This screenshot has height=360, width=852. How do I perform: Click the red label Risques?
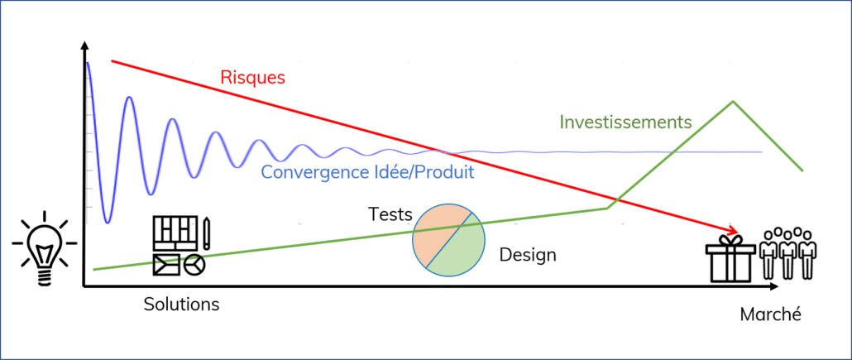coord(252,77)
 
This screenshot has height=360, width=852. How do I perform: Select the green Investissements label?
coord(625,122)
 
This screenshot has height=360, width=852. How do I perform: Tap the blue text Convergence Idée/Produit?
coord(368,172)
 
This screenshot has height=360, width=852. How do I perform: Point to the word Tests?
coord(390,214)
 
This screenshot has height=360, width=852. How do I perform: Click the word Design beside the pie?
coord(528,255)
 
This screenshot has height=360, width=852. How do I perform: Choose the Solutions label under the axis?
coord(181,304)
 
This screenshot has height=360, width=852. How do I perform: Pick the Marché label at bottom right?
coord(770,314)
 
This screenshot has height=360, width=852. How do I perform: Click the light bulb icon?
coord(45,248)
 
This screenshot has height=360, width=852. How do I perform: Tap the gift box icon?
coord(730,259)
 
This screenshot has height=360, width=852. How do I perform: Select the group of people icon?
coord(787,253)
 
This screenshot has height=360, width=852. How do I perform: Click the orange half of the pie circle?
coord(438,231)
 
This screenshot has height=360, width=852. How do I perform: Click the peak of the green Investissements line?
coord(734,102)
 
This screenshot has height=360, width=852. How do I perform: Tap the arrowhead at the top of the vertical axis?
coord(84,46)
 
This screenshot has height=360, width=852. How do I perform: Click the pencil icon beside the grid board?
coord(207,234)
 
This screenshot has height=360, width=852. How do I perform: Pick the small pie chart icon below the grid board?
coord(194,265)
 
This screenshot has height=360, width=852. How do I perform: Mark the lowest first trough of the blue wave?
coord(108,222)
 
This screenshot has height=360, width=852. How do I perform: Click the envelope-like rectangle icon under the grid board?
coord(167,265)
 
